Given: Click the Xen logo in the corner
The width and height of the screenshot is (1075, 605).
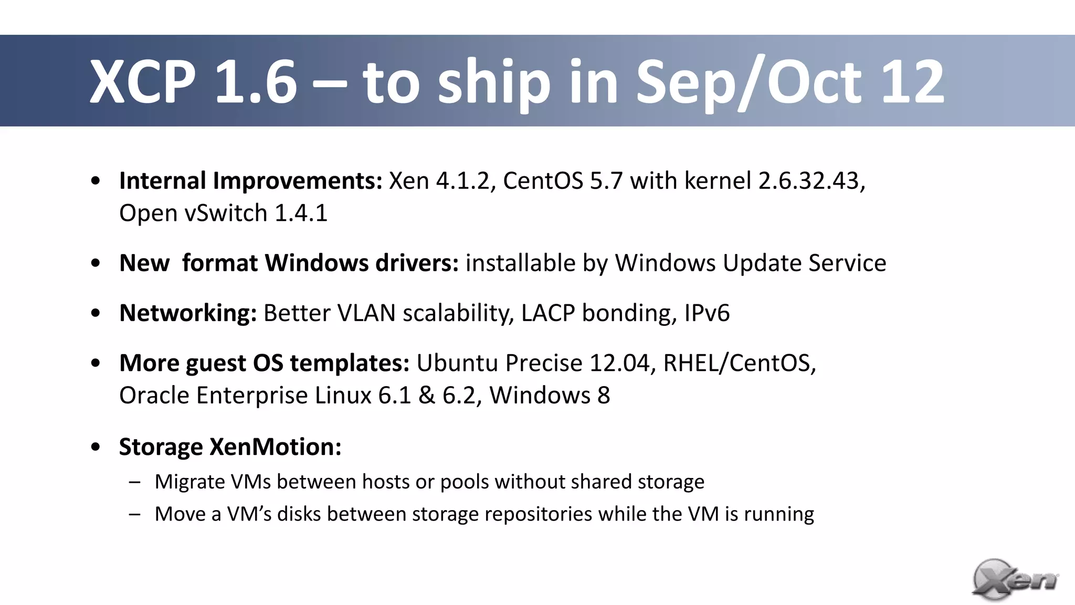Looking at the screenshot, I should click(x=1015, y=580).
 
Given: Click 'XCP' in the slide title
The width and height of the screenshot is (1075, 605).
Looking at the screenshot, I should click(x=143, y=82).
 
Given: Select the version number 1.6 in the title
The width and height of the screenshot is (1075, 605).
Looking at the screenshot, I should click(x=256, y=82).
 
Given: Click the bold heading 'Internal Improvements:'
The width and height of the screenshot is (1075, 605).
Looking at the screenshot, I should click(x=251, y=181).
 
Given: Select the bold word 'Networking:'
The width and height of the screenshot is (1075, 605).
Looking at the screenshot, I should click(x=188, y=313).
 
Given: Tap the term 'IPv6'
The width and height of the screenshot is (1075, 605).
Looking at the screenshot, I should click(x=707, y=313).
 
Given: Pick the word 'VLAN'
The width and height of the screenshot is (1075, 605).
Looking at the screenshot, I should click(x=366, y=313).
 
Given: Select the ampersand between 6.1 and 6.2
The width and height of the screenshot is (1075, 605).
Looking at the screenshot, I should click(x=427, y=396).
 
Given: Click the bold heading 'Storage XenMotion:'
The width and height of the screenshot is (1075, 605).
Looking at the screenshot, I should click(x=230, y=447).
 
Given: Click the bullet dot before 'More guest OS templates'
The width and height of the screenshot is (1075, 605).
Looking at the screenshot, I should click(x=95, y=363).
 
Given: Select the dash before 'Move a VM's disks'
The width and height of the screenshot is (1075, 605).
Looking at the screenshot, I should click(x=134, y=514).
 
